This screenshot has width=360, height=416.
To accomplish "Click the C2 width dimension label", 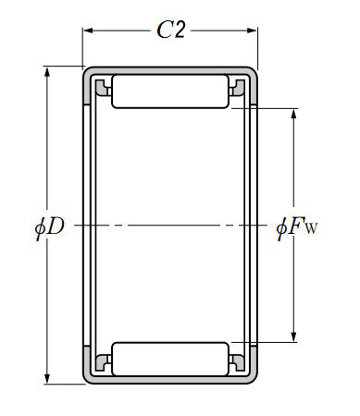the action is coord(171,30).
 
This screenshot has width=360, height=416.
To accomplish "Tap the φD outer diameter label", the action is coord(50,227).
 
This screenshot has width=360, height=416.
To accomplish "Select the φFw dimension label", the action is coord(296,227).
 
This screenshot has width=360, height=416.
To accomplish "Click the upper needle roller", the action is coord(170,92).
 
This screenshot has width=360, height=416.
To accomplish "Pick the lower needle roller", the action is coord(170,359).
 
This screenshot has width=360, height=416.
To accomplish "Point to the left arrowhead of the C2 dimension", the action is coord(88,31).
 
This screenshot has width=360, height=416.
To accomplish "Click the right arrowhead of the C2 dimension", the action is coord(252,31).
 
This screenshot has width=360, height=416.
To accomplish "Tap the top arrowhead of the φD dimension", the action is coord(47,72).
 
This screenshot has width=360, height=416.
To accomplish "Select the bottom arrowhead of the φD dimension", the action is coord(47,378).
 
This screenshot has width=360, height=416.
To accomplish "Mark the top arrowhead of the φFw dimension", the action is coord(293,114).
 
